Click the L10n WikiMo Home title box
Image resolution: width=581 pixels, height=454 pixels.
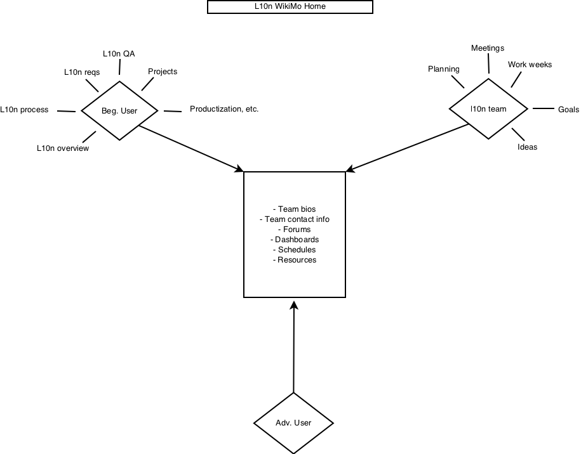pyautogui.click(x=290, y=7)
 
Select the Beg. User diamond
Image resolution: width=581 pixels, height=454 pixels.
pyautogui.click(x=119, y=110)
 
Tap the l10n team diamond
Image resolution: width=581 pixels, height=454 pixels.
pyautogui.click(x=488, y=109)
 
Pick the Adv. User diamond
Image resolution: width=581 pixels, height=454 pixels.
pyautogui.click(x=293, y=423)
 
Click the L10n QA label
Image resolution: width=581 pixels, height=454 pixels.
pyautogui.click(x=119, y=54)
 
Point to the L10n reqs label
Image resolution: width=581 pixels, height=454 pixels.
pyautogui.click(x=82, y=72)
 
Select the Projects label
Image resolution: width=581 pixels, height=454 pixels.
pyautogui.click(x=163, y=72)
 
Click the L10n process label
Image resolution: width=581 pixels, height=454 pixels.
pyautogui.click(x=24, y=110)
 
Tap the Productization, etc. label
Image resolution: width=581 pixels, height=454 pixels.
pyautogui.click(x=224, y=109)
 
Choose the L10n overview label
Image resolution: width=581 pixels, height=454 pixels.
pyautogui.click(x=63, y=148)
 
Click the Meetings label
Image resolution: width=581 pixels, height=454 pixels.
pyautogui.click(x=488, y=48)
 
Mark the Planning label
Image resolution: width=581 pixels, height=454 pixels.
pyautogui.click(x=444, y=69)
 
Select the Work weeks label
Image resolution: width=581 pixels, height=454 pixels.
pyautogui.click(x=530, y=65)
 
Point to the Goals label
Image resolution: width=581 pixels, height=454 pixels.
pyautogui.click(x=568, y=110)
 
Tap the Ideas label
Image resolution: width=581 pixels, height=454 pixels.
pyautogui.click(x=527, y=147)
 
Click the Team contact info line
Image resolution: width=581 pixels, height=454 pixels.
pyautogui.click(x=295, y=219)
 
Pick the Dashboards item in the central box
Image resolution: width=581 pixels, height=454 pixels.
pyautogui.click(x=295, y=240)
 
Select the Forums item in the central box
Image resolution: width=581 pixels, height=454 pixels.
pyautogui.click(x=295, y=230)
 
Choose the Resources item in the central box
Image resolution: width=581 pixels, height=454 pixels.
pyautogui.click(x=295, y=260)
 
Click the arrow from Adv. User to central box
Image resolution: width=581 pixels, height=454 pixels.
pyautogui.click(x=294, y=347)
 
